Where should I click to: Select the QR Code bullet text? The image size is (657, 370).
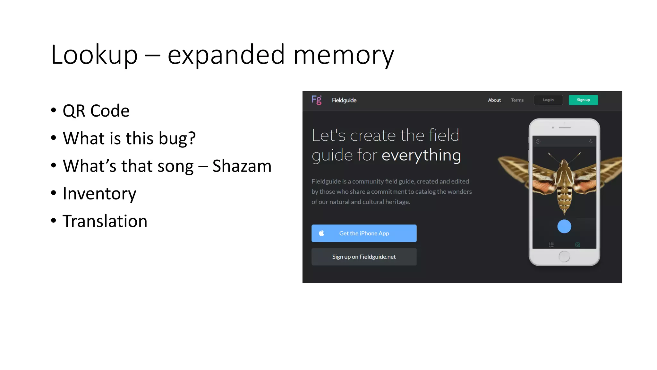(96, 111)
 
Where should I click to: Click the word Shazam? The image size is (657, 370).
(242, 166)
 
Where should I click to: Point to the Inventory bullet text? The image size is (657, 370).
(99, 194)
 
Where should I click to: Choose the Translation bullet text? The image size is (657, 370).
(105, 221)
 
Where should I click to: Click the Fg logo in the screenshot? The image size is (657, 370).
(316, 100)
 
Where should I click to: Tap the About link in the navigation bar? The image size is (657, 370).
(494, 100)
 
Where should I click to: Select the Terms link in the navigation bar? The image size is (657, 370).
(517, 100)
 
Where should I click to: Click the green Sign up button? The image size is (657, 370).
(583, 100)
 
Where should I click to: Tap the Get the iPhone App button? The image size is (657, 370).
(364, 233)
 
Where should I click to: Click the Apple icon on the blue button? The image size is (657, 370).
(321, 233)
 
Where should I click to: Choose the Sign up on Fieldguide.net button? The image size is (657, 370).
(364, 257)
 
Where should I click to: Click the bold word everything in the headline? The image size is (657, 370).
(421, 155)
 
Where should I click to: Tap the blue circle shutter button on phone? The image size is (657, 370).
(564, 226)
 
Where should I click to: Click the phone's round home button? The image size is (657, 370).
(564, 256)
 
